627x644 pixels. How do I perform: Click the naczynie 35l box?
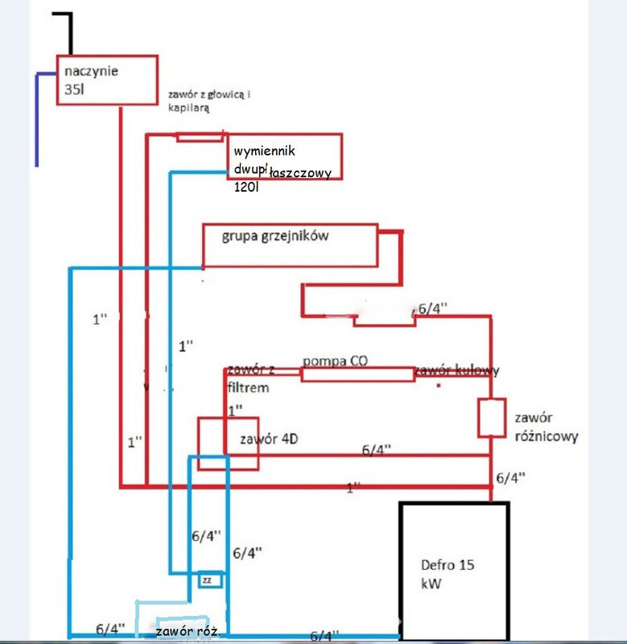106,80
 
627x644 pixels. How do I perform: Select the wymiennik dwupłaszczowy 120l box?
283,157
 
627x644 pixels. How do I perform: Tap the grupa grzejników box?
290,246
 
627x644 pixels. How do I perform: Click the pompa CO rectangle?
356,374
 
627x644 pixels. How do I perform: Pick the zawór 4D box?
229,443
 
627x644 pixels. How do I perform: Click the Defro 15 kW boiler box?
454,572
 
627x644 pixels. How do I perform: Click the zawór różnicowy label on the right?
544,427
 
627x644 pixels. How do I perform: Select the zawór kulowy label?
457,371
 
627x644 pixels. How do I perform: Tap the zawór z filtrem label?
251,378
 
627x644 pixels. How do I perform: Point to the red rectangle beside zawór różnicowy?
490,418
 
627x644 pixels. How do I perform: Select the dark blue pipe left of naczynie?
38,121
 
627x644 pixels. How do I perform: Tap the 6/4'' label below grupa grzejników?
435,308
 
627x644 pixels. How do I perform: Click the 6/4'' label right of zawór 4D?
376,451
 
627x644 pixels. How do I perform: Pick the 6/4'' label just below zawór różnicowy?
510,477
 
